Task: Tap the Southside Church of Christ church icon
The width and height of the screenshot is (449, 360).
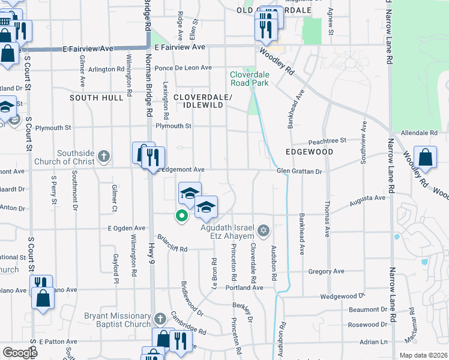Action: (103, 157)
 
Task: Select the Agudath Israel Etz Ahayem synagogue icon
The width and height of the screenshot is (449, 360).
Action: (263, 231)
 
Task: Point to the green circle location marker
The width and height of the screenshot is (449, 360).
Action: (181, 216)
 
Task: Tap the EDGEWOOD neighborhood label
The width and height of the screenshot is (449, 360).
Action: (309, 152)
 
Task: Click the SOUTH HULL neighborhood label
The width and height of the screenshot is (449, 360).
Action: (92, 97)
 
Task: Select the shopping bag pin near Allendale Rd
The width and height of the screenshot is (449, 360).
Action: (424, 158)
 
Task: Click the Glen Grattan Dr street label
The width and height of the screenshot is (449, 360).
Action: (300, 171)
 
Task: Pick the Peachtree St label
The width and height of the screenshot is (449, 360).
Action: (327, 140)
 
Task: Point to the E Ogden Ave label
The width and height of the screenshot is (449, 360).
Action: (127, 228)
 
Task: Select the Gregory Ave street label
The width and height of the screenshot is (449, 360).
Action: (326, 271)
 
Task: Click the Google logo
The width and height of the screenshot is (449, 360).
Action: (20, 353)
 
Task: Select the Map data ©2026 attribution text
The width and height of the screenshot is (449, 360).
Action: (423, 355)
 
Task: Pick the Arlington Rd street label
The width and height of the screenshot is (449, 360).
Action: (106, 70)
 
